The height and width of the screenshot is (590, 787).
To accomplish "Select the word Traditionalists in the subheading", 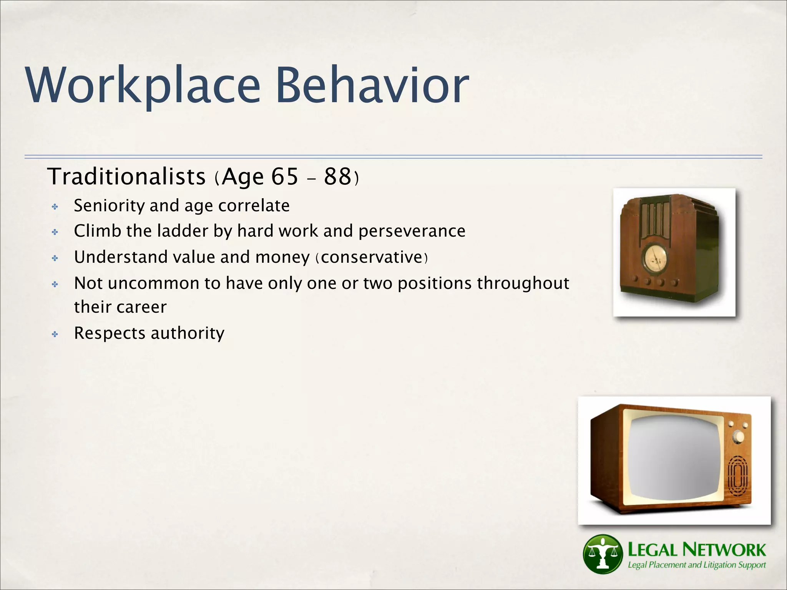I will (126, 177).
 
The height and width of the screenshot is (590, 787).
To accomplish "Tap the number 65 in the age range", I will (284, 177).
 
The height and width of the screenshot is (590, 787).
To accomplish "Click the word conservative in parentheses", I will (372, 257).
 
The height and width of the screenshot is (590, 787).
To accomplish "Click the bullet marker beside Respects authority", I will (55, 335).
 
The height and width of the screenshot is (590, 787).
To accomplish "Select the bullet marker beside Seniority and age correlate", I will (55, 207).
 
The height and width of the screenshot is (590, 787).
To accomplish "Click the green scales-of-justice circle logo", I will (602, 554).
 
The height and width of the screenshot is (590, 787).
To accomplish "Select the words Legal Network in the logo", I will (696, 550).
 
